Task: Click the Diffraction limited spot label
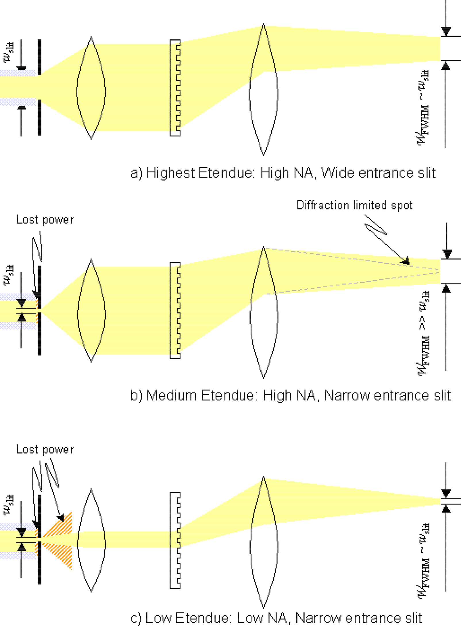[x=354, y=205]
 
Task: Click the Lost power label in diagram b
[x=45, y=220]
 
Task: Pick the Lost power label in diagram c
[x=45, y=450]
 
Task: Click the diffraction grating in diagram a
[x=175, y=88]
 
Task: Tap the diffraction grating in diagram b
[x=175, y=311]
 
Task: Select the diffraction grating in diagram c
[x=175, y=540]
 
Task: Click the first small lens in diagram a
[x=91, y=88]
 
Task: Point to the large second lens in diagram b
[x=264, y=313]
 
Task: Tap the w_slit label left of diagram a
[x=9, y=52]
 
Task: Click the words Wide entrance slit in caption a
[x=378, y=173]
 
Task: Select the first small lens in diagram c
[x=91, y=540]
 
